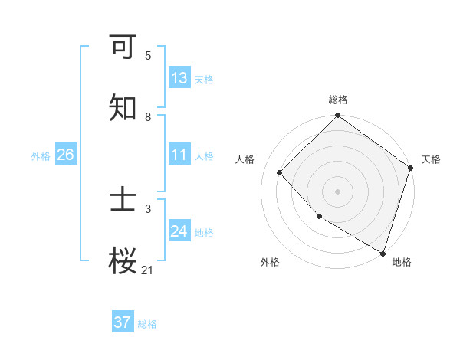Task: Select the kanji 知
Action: coord(123,108)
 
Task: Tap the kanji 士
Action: coord(123,201)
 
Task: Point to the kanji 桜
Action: coord(123,261)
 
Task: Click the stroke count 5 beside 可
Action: coord(148,56)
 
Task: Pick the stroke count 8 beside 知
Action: coord(148,117)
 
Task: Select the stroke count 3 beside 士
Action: coord(148,208)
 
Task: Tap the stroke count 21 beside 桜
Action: coord(148,270)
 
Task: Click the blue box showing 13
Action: coord(179,78)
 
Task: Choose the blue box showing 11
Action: coord(179,155)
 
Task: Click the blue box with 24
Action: coord(179,231)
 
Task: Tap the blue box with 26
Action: coord(65,155)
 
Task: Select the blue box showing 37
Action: coord(123,322)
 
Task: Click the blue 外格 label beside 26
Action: coord(41,156)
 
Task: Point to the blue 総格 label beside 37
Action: coord(147,324)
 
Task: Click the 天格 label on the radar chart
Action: coord(431,159)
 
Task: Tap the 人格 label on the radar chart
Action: coord(245,159)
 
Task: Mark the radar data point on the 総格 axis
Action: coord(337,116)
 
